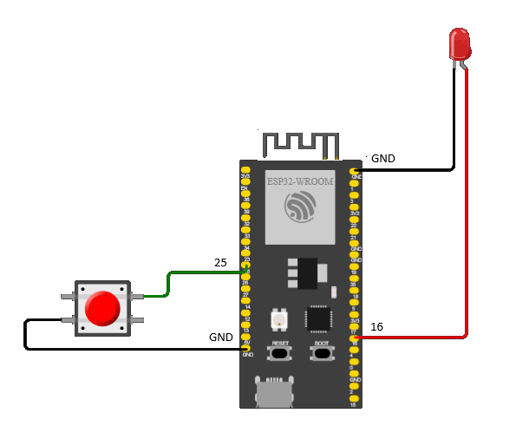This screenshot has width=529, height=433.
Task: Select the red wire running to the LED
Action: [469, 217]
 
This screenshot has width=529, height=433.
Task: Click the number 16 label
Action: [377, 327]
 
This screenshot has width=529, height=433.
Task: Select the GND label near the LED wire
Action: [382, 159]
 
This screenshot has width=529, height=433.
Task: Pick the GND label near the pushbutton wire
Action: [221, 337]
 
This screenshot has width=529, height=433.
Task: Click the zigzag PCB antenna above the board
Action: [300, 144]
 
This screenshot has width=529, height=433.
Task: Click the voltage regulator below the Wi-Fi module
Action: [300, 272]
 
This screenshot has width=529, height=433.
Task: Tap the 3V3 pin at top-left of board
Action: [246, 171]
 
